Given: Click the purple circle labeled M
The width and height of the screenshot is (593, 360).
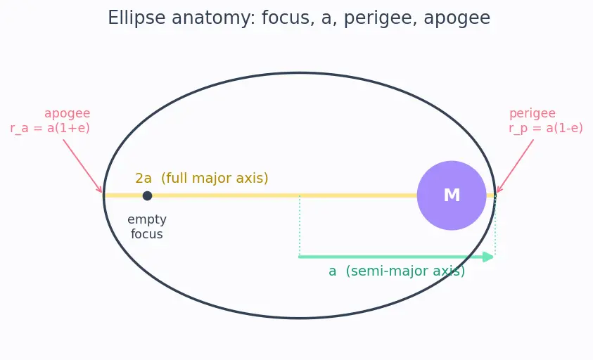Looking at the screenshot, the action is coord(452,195).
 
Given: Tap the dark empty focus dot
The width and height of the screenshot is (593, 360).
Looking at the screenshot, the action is coord(147,195).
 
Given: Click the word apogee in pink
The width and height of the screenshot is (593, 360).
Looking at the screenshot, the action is coord(68,113).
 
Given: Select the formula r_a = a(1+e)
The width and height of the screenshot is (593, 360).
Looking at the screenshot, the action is coord(50,128).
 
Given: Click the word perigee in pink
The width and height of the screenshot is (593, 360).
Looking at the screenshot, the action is coord(532,113).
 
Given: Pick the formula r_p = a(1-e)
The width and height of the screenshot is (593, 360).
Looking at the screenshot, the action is coord(546,128).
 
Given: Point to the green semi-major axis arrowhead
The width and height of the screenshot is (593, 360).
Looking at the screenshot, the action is coord(489,257).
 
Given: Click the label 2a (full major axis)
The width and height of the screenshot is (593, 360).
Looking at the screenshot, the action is coord(202,178).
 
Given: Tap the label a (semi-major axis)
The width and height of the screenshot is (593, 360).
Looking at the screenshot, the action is coord(397,271).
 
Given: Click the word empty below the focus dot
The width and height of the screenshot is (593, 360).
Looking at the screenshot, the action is coord(147,219).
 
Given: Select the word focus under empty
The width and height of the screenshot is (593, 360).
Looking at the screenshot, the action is coord(147,234).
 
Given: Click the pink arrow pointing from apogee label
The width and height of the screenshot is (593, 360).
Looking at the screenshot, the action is coord(82,166).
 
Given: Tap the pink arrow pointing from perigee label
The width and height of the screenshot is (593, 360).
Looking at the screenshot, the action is coord(515,166).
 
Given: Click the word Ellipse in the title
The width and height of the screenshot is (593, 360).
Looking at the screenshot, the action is coord(136,18).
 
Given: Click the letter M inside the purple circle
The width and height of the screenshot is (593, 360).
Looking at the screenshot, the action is coord(452,195).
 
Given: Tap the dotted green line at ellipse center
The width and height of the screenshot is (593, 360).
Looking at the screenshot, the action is coord(300,226).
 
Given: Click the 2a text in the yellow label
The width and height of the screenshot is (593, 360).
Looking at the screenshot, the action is coord(144,178).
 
